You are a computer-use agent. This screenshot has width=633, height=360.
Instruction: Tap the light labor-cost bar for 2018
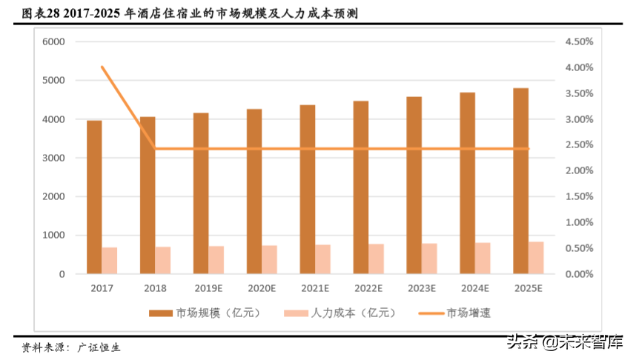pos(162,260)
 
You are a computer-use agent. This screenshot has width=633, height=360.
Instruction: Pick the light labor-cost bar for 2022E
pos(376,259)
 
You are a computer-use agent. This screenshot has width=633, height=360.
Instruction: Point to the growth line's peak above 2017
pos(102,67)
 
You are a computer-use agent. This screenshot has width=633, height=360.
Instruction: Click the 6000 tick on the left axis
pos(54,41)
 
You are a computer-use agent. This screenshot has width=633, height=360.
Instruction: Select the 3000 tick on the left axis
pos(54,158)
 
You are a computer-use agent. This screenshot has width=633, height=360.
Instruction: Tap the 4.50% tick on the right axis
pos(579,41)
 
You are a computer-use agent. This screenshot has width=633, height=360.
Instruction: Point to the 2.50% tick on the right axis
pos(579,145)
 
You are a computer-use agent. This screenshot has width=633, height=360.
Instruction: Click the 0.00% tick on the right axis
pos(579,274)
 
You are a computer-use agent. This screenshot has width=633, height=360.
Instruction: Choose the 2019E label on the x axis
pos(208,288)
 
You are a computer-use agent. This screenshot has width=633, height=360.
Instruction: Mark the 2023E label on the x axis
pos(422,288)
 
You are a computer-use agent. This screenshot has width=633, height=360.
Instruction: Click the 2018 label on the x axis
pos(154,288)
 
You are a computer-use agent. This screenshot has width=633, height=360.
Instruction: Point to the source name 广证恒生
pos(99,346)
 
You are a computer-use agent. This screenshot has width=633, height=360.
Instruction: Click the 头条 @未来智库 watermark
pos(565,342)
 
